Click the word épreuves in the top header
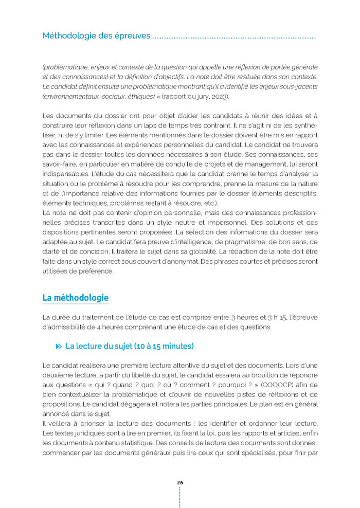tap(132, 36)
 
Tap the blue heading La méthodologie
tap(75, 298)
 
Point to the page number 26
tap(179, 482)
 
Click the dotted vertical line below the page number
tap(179, 498)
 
